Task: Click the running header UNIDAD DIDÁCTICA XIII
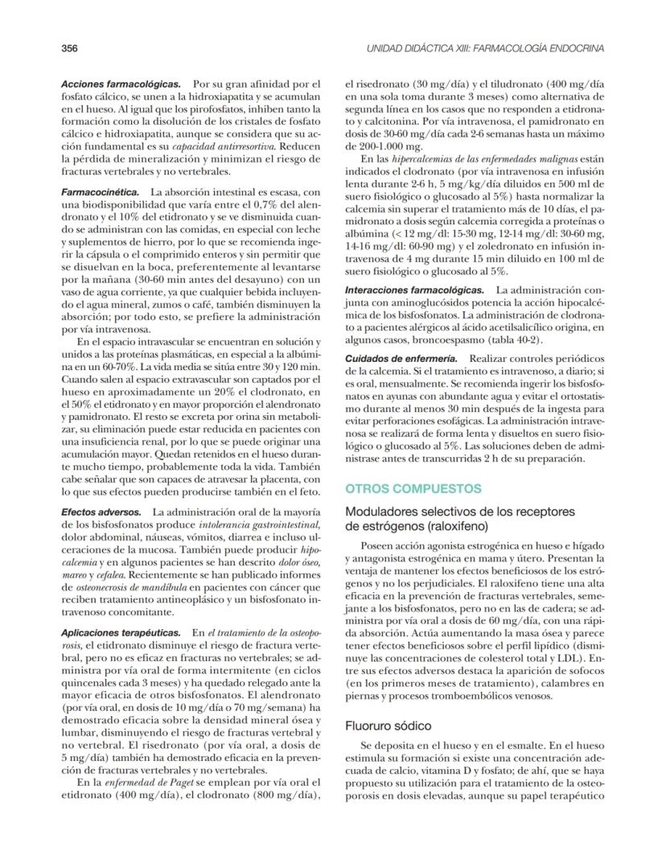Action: point(484,48)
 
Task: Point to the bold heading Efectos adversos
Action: point(102,512)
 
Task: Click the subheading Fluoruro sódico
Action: point(383,726)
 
